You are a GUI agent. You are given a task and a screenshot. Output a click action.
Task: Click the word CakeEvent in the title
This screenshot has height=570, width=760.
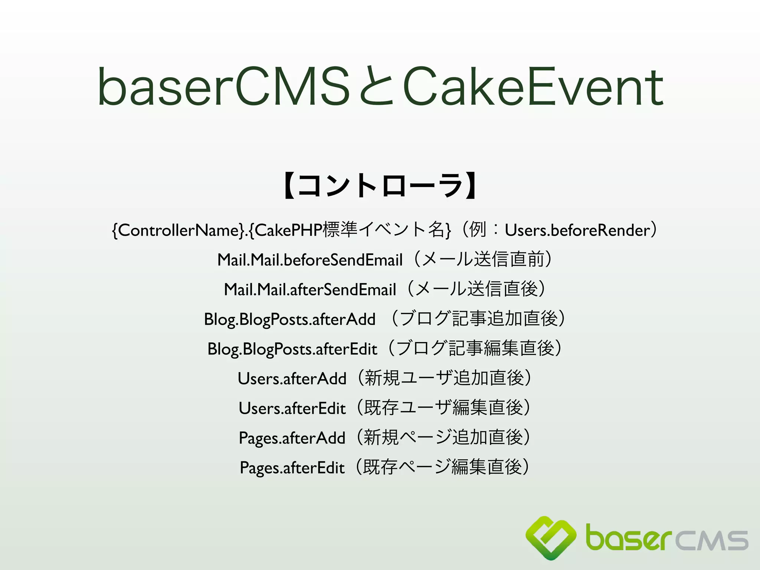(533, 86)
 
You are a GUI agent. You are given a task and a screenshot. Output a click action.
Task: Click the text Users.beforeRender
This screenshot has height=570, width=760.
(577, 230)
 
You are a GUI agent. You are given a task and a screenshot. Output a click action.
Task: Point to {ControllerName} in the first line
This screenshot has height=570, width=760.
(178, 230)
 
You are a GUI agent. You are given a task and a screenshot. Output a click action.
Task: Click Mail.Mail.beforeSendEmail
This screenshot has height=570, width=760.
(310, 260)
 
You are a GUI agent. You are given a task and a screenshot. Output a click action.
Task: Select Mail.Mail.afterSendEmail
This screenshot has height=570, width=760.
(310, 289)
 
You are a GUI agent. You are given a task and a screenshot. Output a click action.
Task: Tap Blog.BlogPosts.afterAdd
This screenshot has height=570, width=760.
(289, 319)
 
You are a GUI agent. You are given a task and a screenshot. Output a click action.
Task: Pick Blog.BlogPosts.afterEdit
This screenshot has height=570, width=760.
(292, 349)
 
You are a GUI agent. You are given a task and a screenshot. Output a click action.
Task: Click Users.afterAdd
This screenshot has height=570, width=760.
(292, 379)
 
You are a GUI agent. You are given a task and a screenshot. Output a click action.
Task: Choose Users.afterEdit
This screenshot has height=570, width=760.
(292, 408)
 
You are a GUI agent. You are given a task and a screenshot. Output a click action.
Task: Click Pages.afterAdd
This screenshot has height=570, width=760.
(292, 438)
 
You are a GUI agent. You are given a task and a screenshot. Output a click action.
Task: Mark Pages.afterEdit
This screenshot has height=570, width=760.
(292, 468)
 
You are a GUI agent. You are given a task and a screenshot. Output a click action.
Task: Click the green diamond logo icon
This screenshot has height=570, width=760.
(551, 537)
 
